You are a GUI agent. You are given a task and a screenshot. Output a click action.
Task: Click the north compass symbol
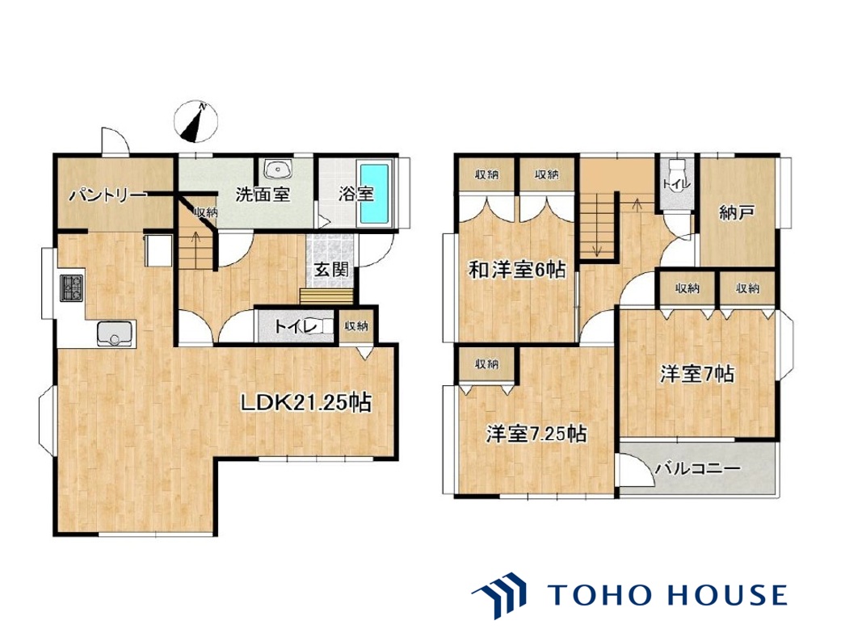pyautogui.click(x=196, y=122)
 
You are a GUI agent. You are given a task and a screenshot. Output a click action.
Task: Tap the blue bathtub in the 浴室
pyautogui.click(x=374, y=194)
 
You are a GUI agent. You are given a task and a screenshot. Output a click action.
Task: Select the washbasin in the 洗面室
pyautogui.click(x=278, y=170)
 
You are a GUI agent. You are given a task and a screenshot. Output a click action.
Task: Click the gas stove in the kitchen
pyautogui.click(x=71, y=288)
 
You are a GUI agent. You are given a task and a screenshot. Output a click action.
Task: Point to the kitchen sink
pyautogui.click(x=116, y=333)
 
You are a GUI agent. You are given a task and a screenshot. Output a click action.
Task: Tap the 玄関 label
pyautogui.click(x=330, y=269)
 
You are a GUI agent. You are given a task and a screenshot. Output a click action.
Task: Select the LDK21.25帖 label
pyautogui.click(x=305, y=402)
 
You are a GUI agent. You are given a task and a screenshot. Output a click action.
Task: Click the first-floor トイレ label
pyautogui.click(x=296, y=326)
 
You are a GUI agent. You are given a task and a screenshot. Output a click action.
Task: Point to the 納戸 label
pyautogui.click(x=738, y=212)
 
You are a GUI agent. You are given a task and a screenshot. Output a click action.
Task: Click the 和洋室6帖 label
pyautogui.click(x=517, y=270)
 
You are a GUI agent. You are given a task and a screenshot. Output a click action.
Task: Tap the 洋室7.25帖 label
pyautogui.click(x=536, y=434)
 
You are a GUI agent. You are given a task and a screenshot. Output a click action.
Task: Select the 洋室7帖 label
pyautogui.click(x=696, y=374)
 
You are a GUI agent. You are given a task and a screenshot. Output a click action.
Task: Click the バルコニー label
pyautogui.click(x=698, y=468)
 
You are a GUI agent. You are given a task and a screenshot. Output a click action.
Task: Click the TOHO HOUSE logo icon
pyautogui.click(x=499, y=594)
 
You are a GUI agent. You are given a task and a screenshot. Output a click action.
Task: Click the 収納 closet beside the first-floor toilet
pyautogui.click(x=355, y=325)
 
